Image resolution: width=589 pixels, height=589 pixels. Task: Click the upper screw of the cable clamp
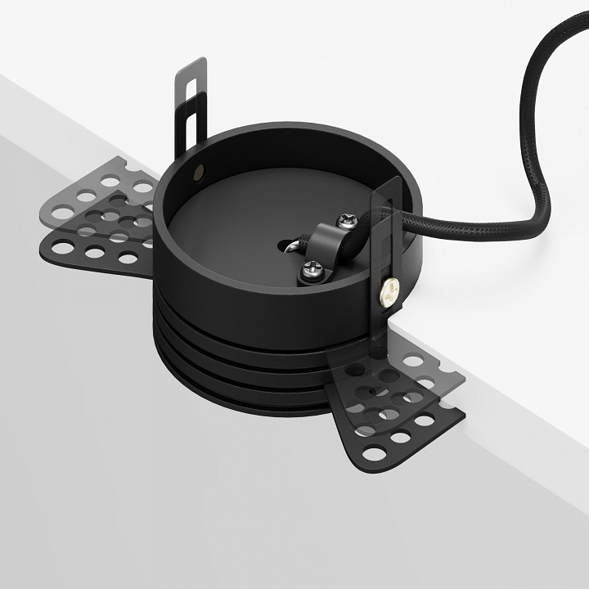click(345, 220)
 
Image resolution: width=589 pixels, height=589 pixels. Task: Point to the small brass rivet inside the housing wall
click(201, 172)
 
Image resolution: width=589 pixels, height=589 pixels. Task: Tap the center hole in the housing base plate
click(290, 243)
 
